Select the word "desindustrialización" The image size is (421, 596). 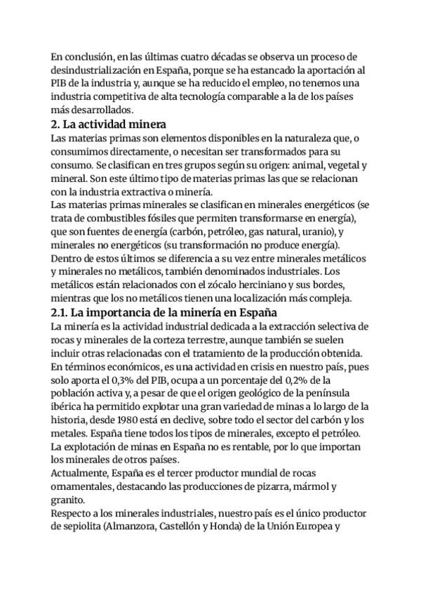(x=107, y=70)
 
